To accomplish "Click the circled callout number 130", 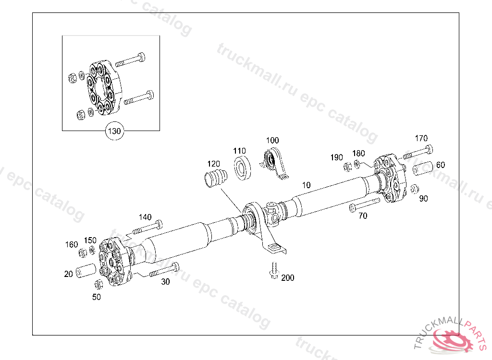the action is [x=114, y=131].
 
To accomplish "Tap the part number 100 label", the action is [x=272, y=141].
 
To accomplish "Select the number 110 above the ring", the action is [x=240, y=150].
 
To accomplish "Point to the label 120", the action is [x=214, y=164].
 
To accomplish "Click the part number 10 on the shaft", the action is [x=307, y=185].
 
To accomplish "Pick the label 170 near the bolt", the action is [x=421, y=139].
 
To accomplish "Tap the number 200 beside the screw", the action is [x=288, y=278].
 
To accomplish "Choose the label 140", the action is [x=145, y=217].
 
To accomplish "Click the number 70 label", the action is [x=363, y=216].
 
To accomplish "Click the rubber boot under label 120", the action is [x=215, y=180].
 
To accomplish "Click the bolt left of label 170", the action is [x=418, y=153].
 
